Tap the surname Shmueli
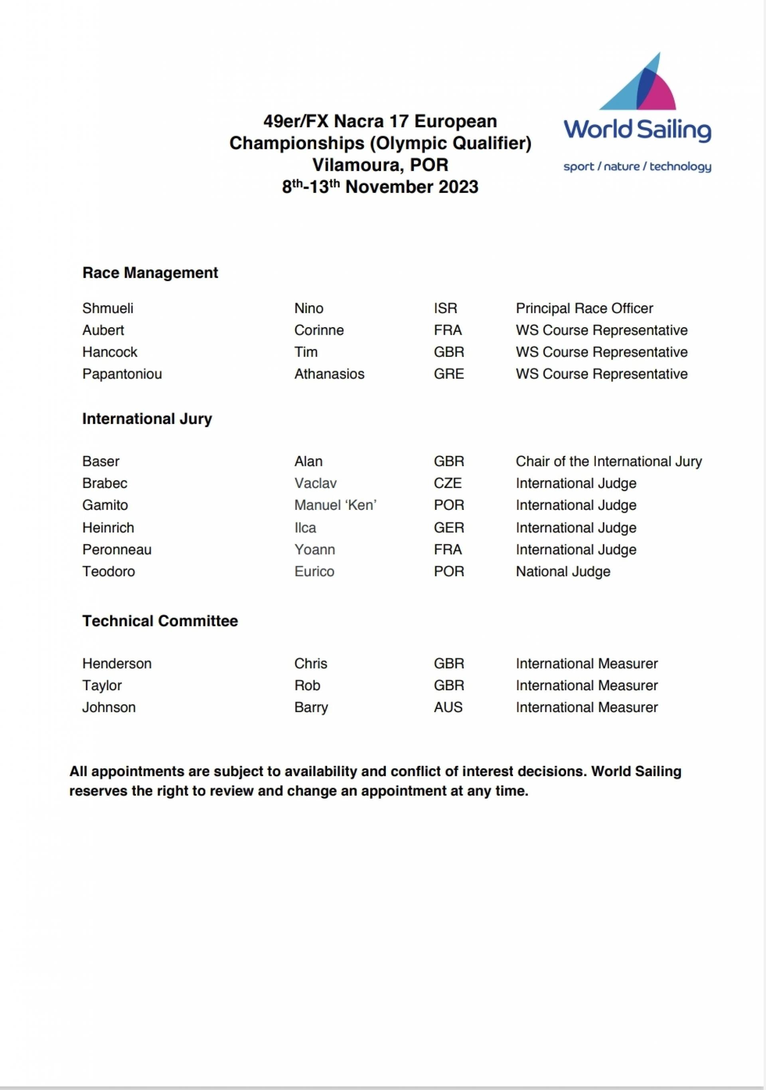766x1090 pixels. (x=108, y=308)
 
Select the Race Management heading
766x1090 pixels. (x=150, y=272)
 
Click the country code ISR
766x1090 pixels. (x=445, y=308)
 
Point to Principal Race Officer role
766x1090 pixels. (x=584, y=308)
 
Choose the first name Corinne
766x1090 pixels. (x=319, y=330)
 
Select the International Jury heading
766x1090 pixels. (x=147, y=418)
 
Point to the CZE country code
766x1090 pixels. (x=448, y=483)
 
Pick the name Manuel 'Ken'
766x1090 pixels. (x=335, y=505)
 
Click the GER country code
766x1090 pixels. (x=448, y=527)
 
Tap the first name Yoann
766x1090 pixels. (x=314, y=549)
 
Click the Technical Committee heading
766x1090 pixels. (x=160, y=620)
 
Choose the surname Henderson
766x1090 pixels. (x=117, y=663)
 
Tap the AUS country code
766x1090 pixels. (x=448, y=707)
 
